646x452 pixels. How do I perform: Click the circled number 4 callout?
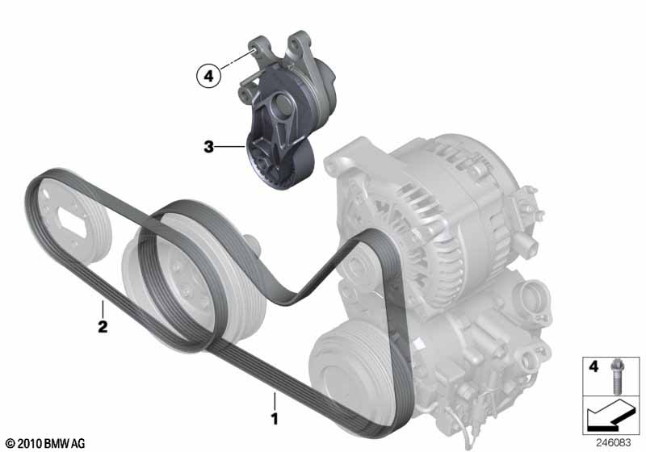(x=208, y=76)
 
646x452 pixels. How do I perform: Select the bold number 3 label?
(x=209, y=146)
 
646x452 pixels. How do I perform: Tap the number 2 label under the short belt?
(x=103, y=326)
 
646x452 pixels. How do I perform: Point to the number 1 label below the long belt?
(x=275, y=419)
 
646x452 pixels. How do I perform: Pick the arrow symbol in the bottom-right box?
(x=611, y=415)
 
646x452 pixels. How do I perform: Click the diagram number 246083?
(x=614, y=443)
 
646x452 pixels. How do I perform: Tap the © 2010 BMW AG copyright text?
(x=45, y=444)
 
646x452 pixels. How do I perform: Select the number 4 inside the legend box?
(x=594, y=366)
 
